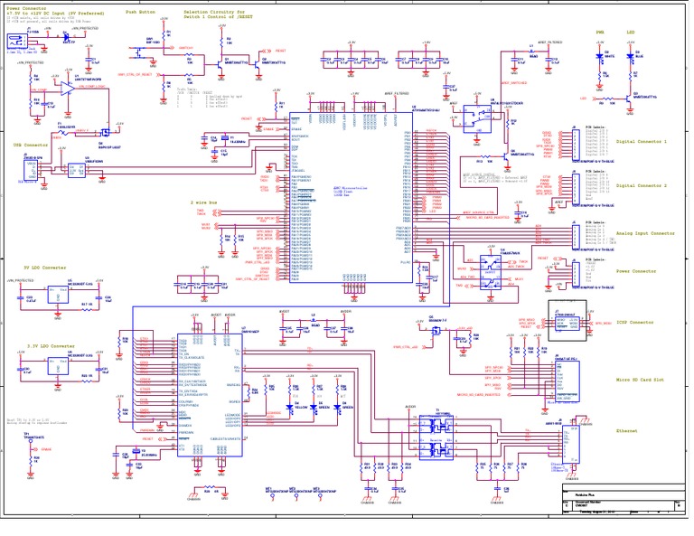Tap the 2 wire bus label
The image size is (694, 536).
click(x=203, y=203)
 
